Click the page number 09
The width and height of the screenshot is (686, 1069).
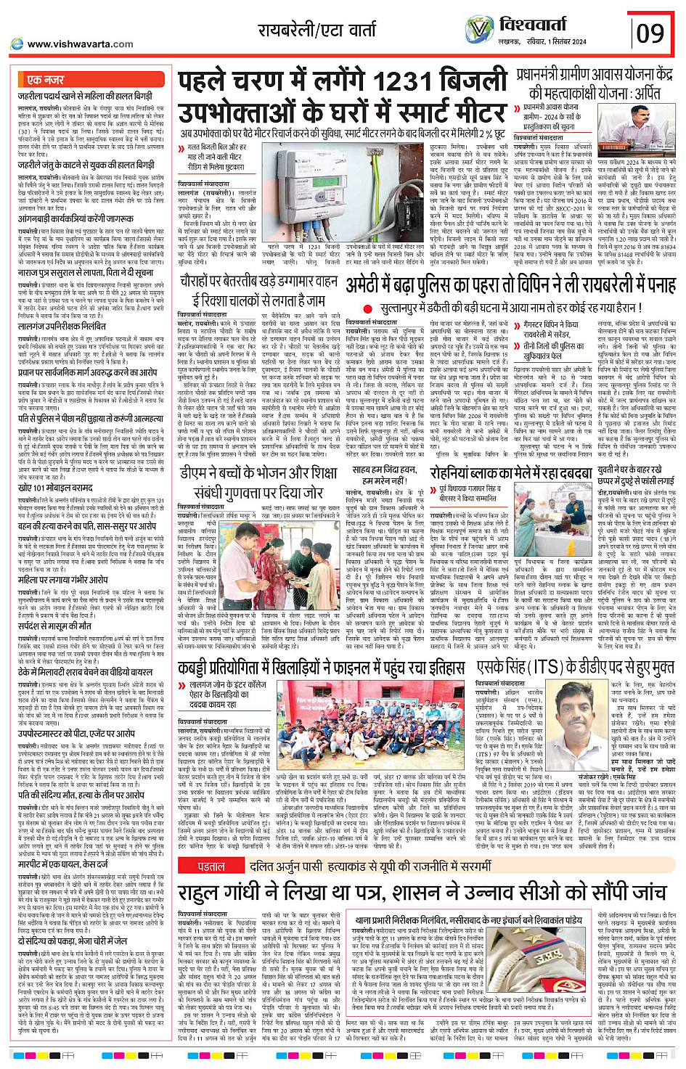[x=650, y=32]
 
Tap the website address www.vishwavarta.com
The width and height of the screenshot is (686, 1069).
[x=80, y=44]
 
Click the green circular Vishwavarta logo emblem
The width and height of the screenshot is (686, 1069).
[x=479, y=30]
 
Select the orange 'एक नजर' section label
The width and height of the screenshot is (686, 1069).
[x=45, y=80]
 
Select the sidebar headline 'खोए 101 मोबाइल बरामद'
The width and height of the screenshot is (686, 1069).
[x=57, y=488]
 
